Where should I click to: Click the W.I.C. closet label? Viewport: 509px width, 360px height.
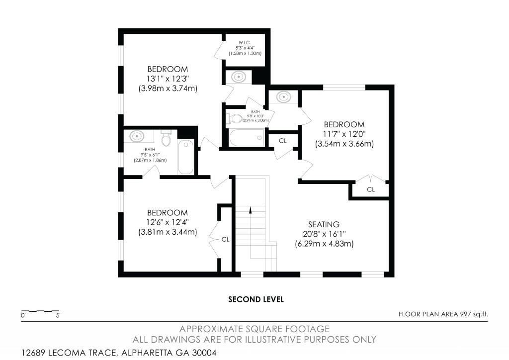tap(245, 42)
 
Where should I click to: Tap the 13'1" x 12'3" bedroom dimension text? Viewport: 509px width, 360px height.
tap(168, 79)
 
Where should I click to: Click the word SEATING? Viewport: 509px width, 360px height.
tap(324, 224)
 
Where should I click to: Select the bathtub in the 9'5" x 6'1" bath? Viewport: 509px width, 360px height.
tap(185, 157)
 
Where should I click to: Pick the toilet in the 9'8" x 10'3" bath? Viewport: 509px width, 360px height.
tap(233, 118)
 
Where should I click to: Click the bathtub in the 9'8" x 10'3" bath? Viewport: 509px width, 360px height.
tap(247, 138)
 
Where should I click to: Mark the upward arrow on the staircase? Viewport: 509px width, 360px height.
tap(251, 211)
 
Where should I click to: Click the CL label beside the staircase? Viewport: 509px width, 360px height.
tap(225, 239)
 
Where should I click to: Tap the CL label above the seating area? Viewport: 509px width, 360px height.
tap(371, 189)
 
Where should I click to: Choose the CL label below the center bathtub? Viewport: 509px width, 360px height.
tap(283, 141)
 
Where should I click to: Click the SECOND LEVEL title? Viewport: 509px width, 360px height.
tap(255, 299)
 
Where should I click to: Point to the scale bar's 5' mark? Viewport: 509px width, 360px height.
tap(58, 315)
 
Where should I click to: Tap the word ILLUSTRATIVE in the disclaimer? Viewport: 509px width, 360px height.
tap(269, 339)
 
